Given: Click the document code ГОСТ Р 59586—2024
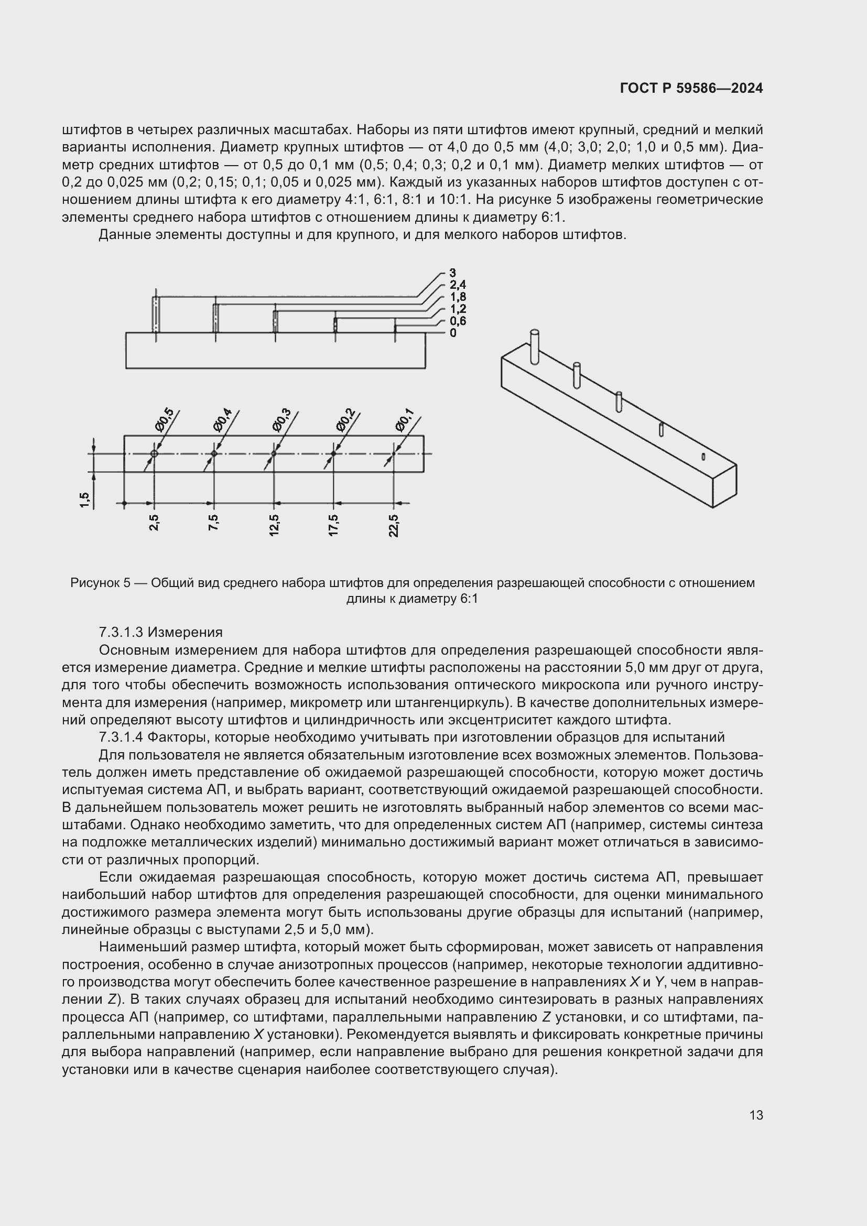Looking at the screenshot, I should point(691,89).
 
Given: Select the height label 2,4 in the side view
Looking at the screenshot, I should point(458,285).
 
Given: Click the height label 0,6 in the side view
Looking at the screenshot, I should point(458,321).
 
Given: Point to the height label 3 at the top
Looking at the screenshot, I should point(453,274).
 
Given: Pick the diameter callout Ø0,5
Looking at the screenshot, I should point(165,419).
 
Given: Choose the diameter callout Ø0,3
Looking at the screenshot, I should point(281,419).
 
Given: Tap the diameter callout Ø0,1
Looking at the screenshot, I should point(405,419).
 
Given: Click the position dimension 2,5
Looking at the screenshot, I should point(154,523).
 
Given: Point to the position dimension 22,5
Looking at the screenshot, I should point(394,525).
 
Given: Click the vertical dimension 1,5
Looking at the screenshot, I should point(84,500).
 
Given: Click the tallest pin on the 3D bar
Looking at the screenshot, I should point(534,346).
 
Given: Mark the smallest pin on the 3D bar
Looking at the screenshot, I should point(703,456).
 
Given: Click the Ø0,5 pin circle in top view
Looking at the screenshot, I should point(154,454).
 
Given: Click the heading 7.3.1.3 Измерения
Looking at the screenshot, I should point(161,633).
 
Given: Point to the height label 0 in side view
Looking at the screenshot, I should point(453,333).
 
